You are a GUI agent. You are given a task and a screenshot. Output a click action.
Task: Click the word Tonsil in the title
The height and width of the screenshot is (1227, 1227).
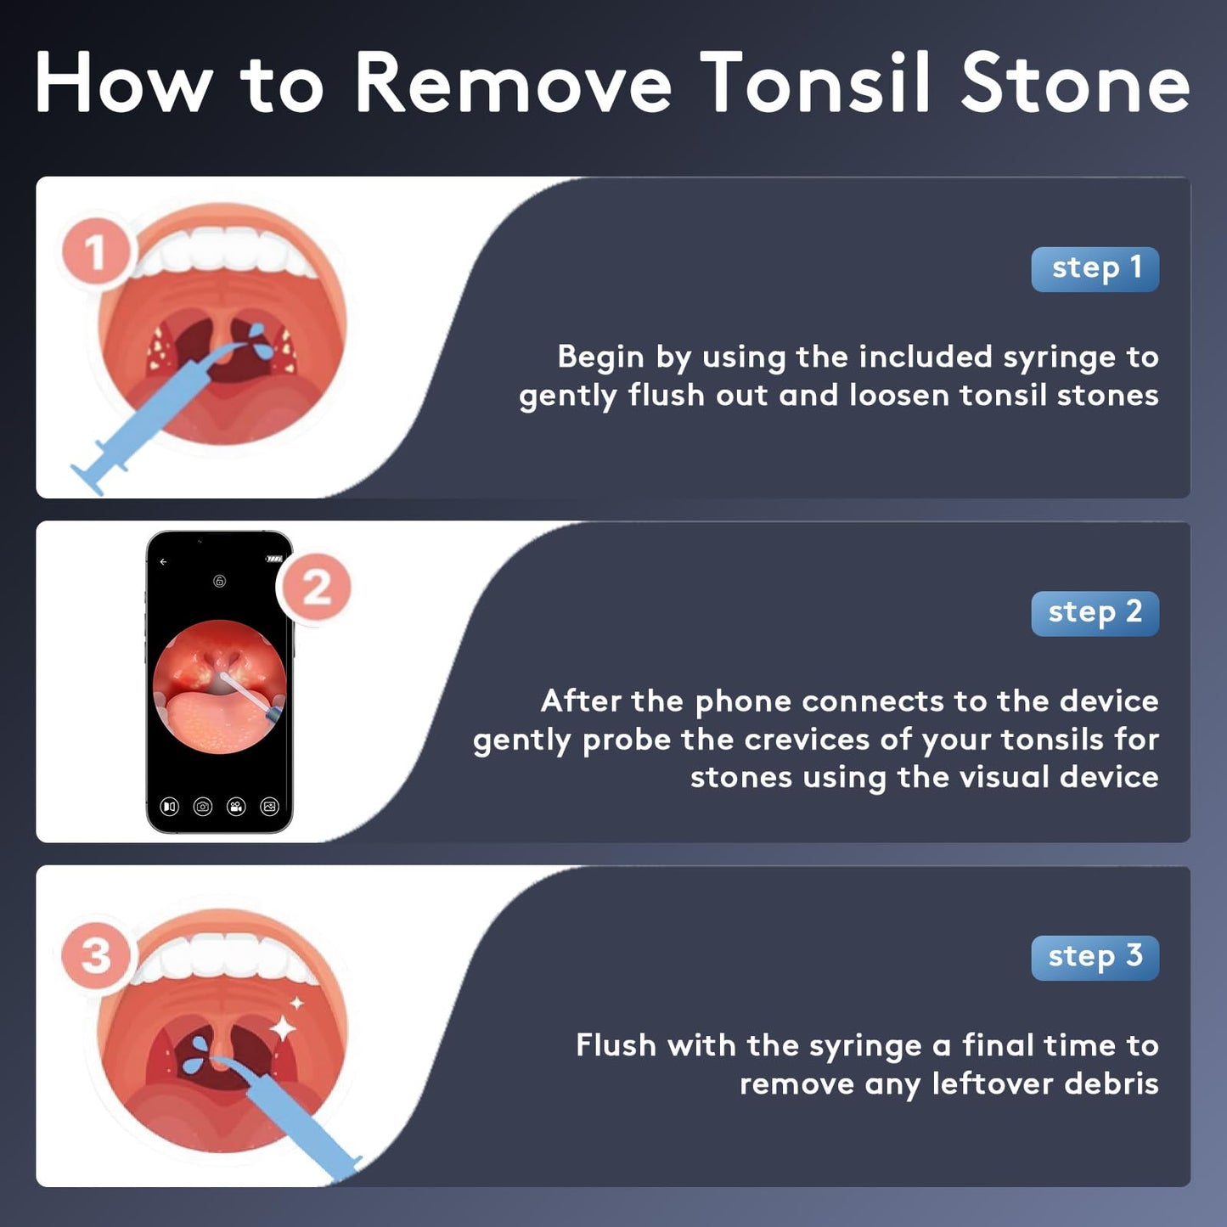point(814,83)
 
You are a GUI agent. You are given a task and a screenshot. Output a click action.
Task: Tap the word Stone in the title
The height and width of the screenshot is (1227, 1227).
point(1075,83)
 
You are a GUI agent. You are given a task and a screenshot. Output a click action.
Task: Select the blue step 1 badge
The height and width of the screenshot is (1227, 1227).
point(1095,269)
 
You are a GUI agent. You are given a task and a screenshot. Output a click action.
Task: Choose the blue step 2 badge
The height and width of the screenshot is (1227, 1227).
point(1095,613)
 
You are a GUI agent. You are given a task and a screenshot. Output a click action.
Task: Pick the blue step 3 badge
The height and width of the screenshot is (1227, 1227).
point(1095,957)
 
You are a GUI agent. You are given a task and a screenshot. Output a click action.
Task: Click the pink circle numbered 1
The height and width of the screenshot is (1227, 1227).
point(95,252)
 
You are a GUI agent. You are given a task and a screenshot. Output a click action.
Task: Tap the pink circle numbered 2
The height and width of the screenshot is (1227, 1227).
point(316,588)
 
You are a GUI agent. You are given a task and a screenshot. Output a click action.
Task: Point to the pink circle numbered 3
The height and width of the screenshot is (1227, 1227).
point(96,956)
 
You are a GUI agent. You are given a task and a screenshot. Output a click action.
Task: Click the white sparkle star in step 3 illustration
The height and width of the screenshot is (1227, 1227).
point(284,1028)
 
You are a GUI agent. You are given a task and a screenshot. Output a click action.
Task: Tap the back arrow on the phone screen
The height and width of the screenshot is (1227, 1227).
point(164,562)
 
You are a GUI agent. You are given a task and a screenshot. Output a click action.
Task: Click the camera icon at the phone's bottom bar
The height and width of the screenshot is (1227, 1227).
point(203,807)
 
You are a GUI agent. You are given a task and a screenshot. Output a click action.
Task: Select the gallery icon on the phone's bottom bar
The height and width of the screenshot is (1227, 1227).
point(270,807)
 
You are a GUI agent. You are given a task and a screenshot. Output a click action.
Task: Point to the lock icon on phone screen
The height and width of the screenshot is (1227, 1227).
point(220,582)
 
